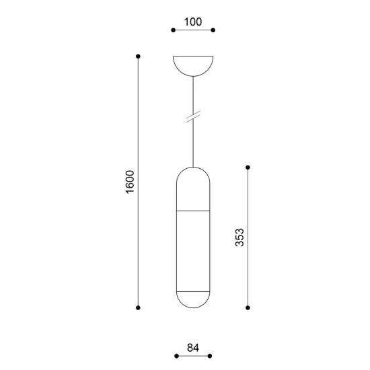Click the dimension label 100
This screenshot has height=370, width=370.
pos(192,22)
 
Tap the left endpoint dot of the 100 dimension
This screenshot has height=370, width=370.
pos(173,30)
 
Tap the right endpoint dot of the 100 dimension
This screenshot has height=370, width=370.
pos(213,30)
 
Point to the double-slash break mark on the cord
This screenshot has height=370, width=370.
pos(193,117)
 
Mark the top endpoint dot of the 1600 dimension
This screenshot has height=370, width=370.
pos(138,56)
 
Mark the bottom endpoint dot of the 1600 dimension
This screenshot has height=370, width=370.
pos(138,307)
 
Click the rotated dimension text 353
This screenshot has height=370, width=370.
pos(240,237)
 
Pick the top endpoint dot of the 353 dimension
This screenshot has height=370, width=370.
pos(248,167)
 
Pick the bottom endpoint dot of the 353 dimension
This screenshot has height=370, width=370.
pos(248,307)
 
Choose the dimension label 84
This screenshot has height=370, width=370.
pos(192,348)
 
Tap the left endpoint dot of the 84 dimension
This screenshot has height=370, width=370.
pos(176,356)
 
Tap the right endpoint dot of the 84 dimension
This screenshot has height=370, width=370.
pos(210,356)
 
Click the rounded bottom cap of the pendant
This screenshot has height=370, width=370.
pos(193,299)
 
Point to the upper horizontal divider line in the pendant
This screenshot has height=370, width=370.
pos(193,211)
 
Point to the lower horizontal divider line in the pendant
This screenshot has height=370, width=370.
pos(193,291)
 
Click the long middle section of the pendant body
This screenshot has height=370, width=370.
pos(193,251)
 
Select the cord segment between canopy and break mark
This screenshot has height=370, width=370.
pos(193,94)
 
